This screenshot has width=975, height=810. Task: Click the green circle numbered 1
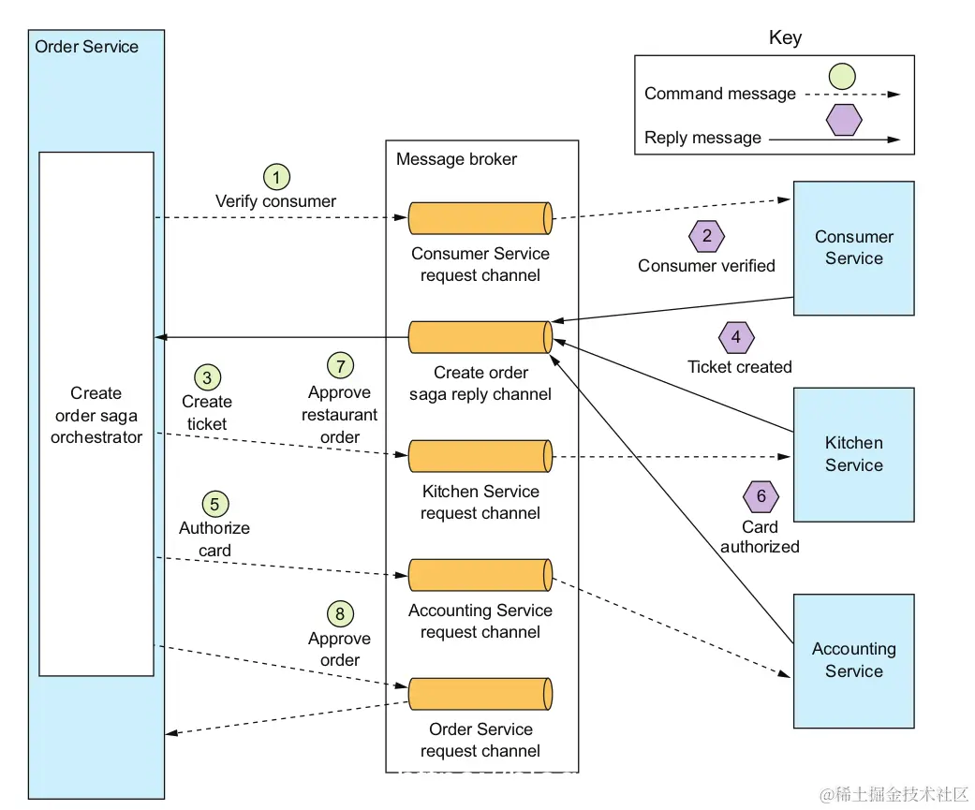pyautogui.click(x=275, y=176)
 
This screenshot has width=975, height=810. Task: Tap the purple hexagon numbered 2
pyautogui.click(x=706, y=236)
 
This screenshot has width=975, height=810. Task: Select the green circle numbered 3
pyautogui.click(x=207, y=377)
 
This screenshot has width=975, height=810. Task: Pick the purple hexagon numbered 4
pyautogui.click(x=736, y=337)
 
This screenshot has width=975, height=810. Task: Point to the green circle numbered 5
pyautogui.click(x=214, y=504)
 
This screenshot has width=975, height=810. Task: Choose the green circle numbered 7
pyautogui.click(x=339, y=365)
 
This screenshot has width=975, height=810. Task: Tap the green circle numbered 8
pyautogui.click(x=339, y=614)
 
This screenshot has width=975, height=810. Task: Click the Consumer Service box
pyautogui.click(x=853, y=248)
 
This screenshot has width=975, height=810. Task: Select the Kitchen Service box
pyautogui.click(x=853, y=454)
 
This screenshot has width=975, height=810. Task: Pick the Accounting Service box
pyautogui.click(x=853, y=660)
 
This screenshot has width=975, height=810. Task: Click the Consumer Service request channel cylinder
pyautogui.click(x=480, y=218)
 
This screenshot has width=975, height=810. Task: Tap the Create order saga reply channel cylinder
pyautogui.click(x=480, y=337)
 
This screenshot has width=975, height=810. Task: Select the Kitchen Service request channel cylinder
pyautogui.click(x=480, y=456)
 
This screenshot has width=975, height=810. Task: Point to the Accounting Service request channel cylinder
pyautogui.click(x=480, y=575)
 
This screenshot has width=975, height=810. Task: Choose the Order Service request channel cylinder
pyautogui.click(x=480, y=694)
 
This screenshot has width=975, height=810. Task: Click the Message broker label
pyautogui.click(x=456, y=159)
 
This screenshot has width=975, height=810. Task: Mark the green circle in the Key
pyautogui.click(x=841, y=76)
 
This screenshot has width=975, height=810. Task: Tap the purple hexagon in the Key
pyautogui.click(x=843, y=120)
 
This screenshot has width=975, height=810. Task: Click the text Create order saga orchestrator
pyautogui.click(x=96, y=415)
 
